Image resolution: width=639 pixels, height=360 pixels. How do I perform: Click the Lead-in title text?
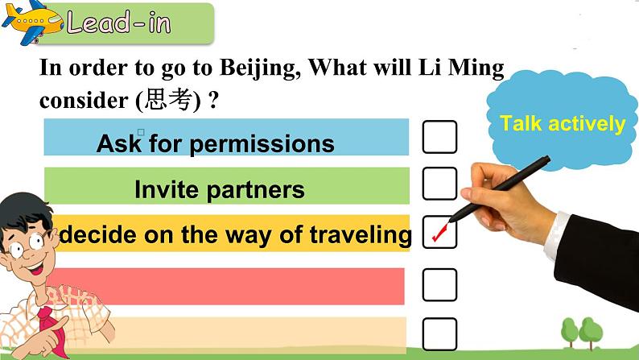pos(119,23)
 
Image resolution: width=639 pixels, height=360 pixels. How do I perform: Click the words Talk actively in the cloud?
pos(562,124)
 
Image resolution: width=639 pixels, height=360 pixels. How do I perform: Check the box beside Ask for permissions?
pos(439,137)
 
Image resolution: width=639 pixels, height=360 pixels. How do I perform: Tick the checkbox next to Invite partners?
pos(439,184)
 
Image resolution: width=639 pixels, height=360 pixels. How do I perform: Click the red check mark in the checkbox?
pos(439,234)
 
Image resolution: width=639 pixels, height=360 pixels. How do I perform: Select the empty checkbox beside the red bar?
pos(439,285)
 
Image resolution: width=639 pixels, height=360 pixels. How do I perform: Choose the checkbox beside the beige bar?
pos(439,333)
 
